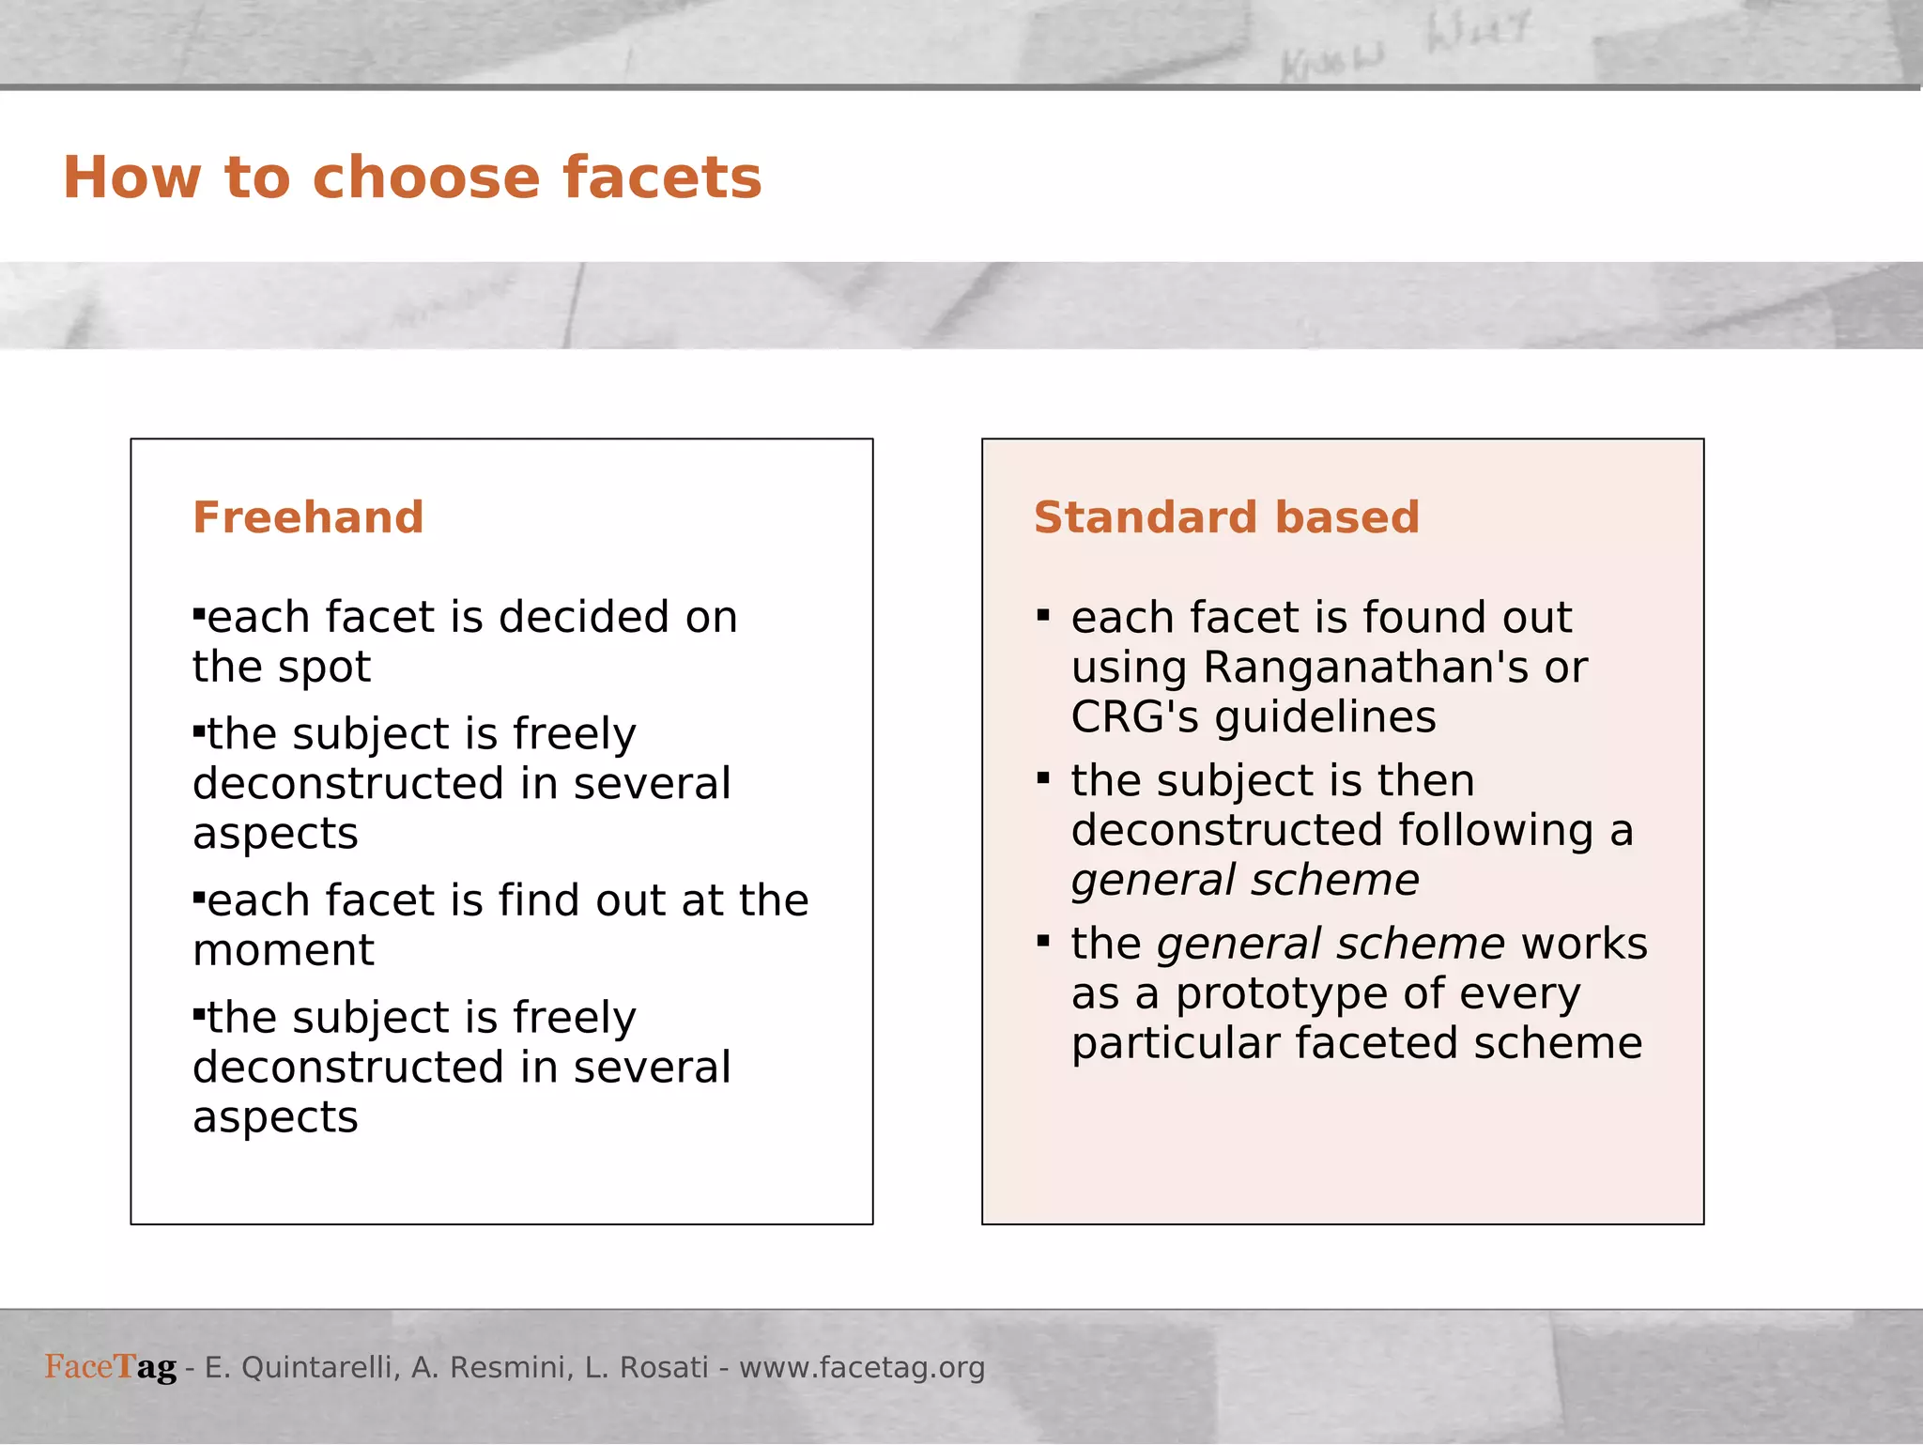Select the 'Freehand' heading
pos(308,517)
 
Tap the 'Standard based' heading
pos(1226,517)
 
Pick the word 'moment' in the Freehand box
pos(284,950)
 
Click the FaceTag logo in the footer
pos(111,1367)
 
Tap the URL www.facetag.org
pos(862,1368)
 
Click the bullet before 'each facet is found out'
pos(1043,616)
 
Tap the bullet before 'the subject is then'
pos(1043,778)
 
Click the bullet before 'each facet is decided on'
pos(198,614)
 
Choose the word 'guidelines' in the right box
pos(1325,717)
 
